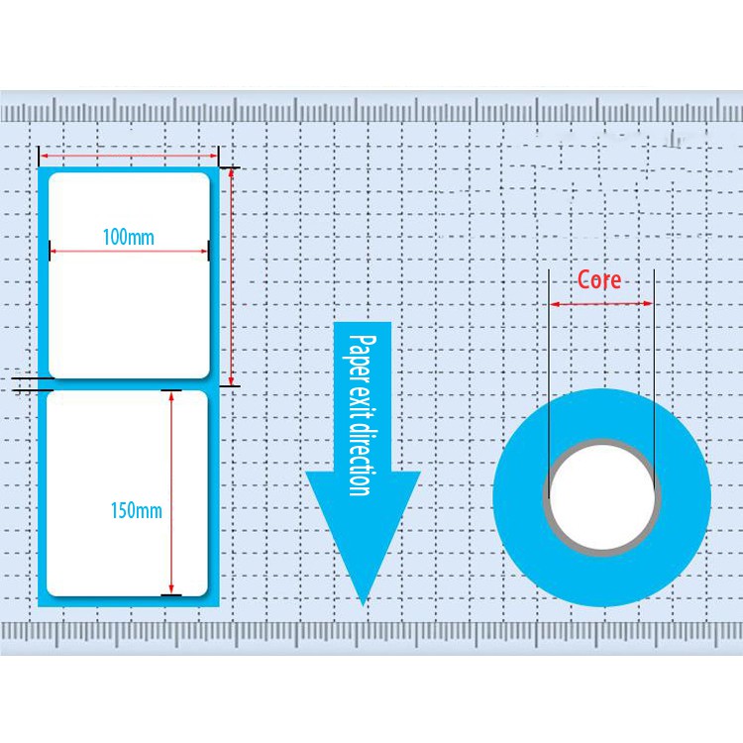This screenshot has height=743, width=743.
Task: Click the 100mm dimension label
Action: pyautogui.click(x=129, y=237)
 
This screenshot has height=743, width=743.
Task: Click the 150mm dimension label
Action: pyautogui.click(x=137, y=511)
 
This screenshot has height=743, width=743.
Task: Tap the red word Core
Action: pyautogui.click(x=599, y=280)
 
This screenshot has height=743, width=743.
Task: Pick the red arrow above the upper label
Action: pyautogui.click(x=129, y=156)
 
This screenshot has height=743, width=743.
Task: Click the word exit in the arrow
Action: pyautogui.click(x=362, y=406)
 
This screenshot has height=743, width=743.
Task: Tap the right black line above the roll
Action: pyautogui.click(x=654, y=376)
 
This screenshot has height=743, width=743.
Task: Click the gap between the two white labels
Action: pyautogui.click(x=129, y=384)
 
